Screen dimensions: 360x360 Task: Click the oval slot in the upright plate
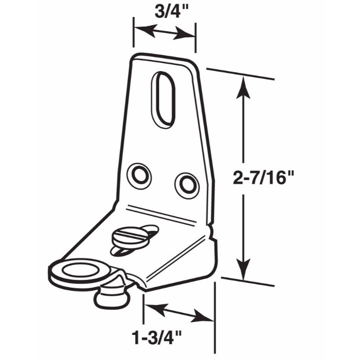[x=163, y=99]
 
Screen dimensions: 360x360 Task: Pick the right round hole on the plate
[x=186, y=184]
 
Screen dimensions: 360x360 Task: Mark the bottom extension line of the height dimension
[x=248, y=282]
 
